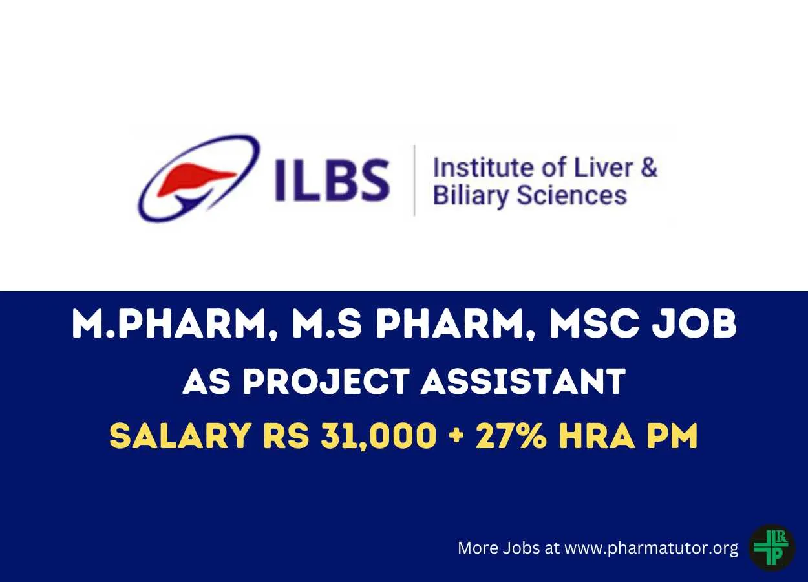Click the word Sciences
pyautogui.click(x=572, y=195)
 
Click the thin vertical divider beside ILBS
pyautogui.click(x=414, y=180)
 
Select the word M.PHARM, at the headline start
pyautogui.click(x=176, y=325)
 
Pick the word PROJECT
pyautogui.click(x=326, y=381)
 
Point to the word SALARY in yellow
pyautogui.click(x=180, y=435)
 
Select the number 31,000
pyautogui.click(x=379, y=436)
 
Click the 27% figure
pyautogui.click(x=511, y=435)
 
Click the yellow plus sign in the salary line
pyautogui.click(x=456, y=436)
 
